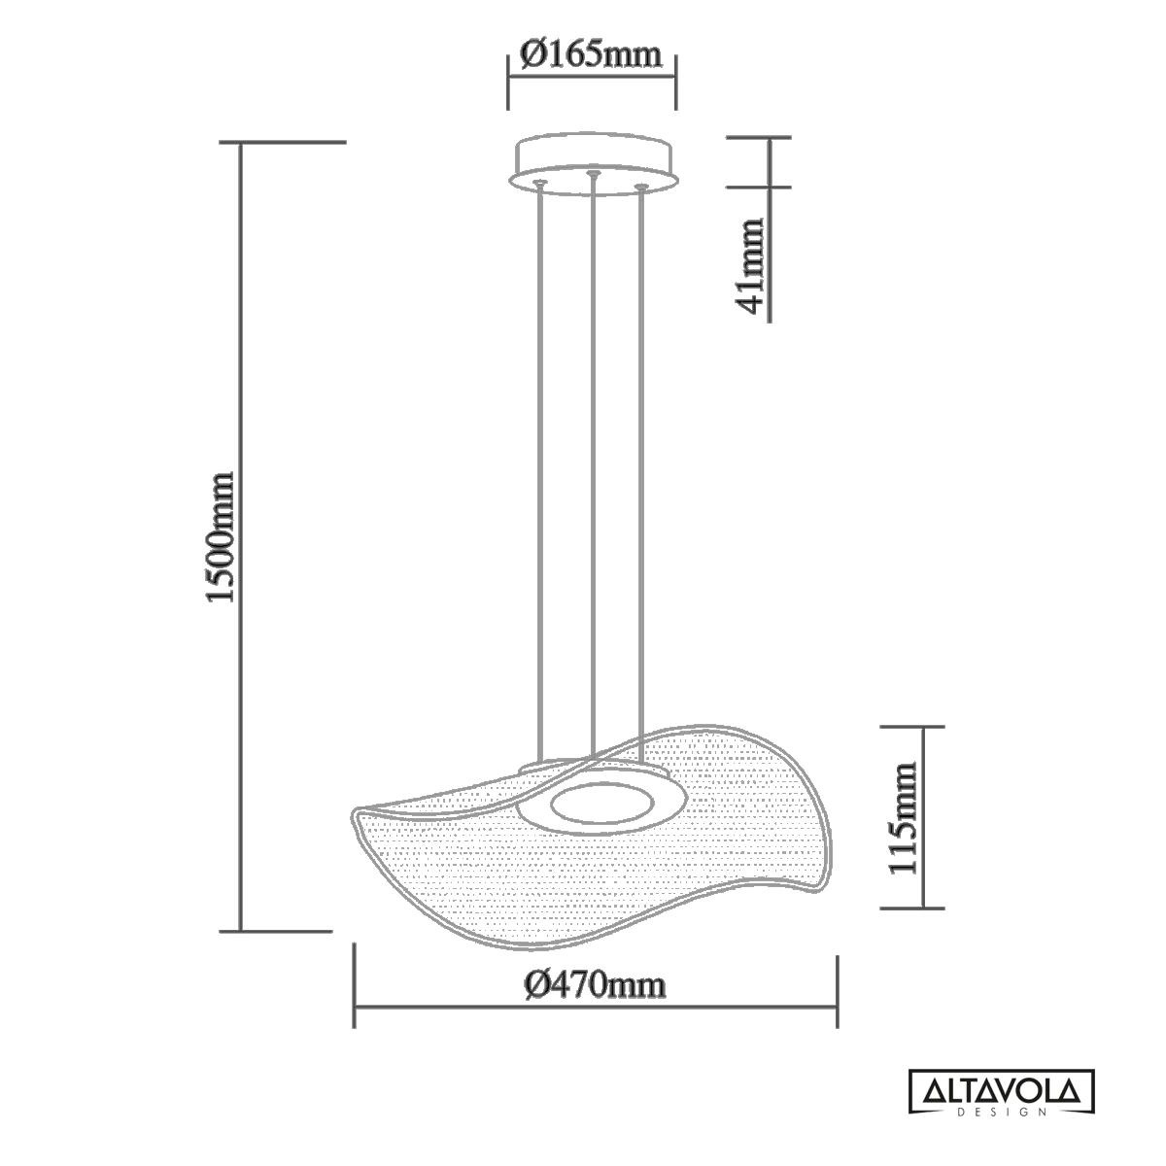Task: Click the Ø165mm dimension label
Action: (x=591, y=52)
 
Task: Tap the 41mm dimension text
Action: (x=751, y=266)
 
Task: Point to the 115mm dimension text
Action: (x=904, y=817)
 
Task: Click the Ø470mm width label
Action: (x=595, y=985)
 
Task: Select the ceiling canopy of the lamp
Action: (x=592, y=157)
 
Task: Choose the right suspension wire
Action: (x=639, y=466)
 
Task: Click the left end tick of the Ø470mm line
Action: (x=354, y=985)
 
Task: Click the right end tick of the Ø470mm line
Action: (x=837, y=985)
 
